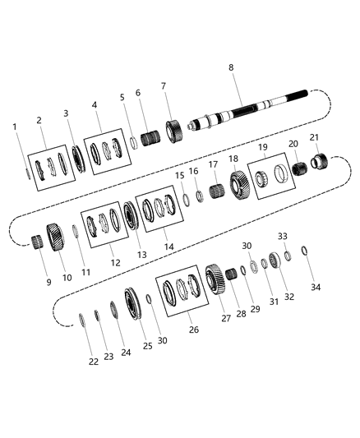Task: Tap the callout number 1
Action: (x=15, y=127)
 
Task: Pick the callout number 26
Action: (x=193, y=330)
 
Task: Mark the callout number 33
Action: (x=282, y=235)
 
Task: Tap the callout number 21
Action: (x=313, y=136)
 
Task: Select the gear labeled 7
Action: (x=173, y=131)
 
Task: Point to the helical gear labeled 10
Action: (x=56, y=240)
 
